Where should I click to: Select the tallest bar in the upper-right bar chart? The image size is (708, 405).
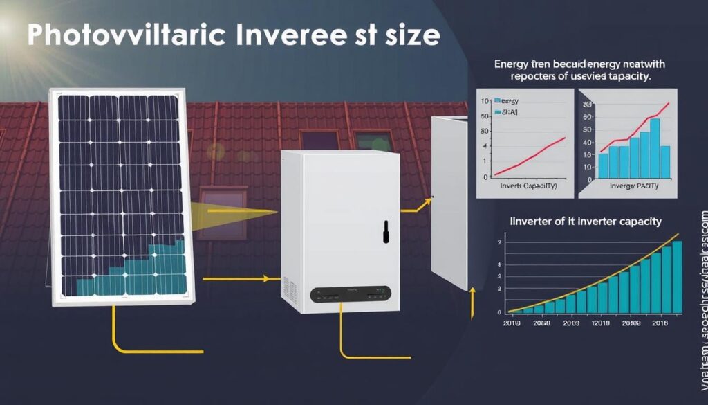[x=654, y=147]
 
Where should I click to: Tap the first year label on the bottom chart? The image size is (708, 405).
[x=512, y=323]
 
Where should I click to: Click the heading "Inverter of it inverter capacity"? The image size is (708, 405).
[x=585, y=222]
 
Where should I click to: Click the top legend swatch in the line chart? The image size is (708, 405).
[x=498, y=102]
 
